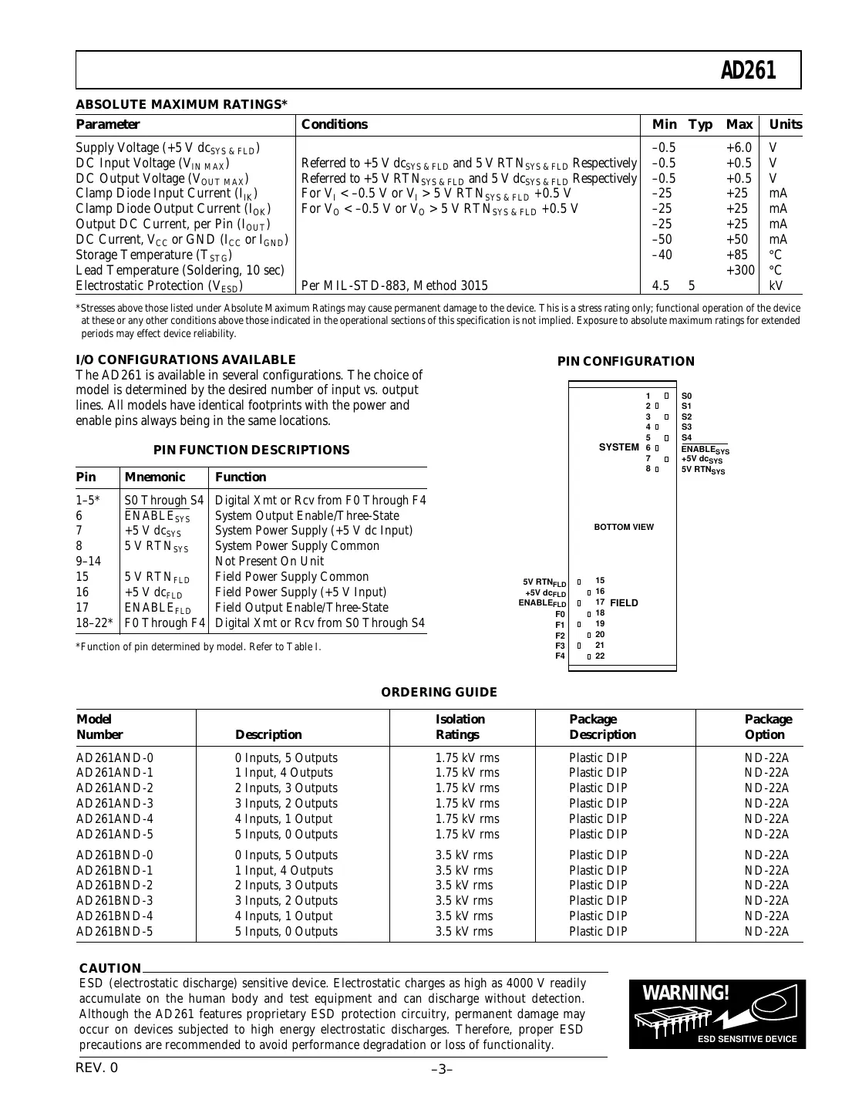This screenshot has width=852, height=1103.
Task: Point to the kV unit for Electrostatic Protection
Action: coord(776,285)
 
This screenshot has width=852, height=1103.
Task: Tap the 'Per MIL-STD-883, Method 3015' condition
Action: coord(394,285)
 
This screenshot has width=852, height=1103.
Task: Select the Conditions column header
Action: coord(335,124)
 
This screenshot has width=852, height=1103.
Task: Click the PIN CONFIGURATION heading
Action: coord(625,361)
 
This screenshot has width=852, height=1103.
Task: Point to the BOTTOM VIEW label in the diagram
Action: coord(623,527)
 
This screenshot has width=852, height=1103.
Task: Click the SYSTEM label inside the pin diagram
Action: coord(618,447)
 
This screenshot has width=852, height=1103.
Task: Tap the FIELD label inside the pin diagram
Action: coord(624,602)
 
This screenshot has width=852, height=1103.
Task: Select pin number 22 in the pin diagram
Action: coord(600,656)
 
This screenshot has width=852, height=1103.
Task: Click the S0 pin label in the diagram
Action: coord(687,396)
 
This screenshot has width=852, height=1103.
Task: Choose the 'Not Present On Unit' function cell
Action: coord(269,561)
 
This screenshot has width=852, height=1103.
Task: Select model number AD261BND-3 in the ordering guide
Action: coord(115,900)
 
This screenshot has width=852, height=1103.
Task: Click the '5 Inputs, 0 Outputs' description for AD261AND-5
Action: coord(286,834)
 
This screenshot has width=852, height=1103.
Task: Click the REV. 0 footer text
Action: coord(97,1068)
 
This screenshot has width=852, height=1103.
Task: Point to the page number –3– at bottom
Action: coord(441,1069)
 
